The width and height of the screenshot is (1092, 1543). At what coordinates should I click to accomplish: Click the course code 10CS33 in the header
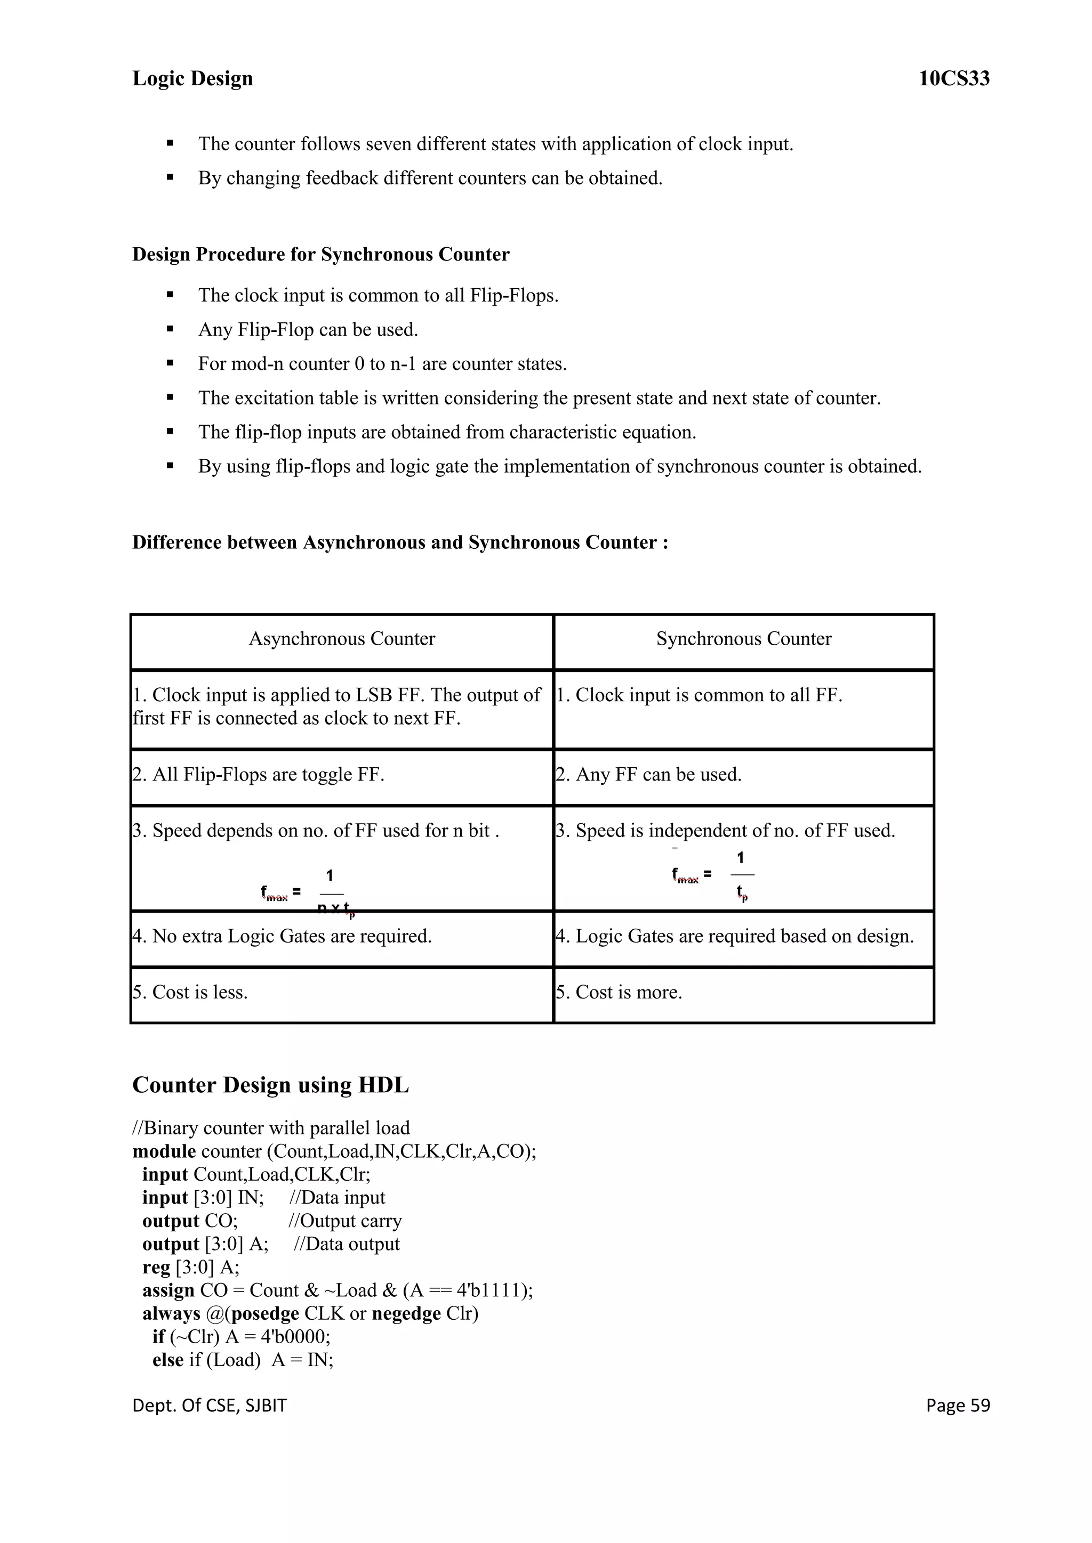click(x=953, y=79)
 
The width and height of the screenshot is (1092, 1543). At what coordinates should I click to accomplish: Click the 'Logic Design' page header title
click(x=192, y=79)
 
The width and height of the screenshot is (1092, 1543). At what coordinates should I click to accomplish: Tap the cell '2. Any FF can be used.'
click(x=649, y=775)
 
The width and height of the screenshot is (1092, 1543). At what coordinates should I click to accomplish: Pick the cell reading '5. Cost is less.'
click(x=190, y=993)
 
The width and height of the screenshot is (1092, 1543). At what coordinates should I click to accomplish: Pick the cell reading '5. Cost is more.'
click(x=619, y=993)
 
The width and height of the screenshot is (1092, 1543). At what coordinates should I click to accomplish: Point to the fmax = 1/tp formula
click(x=713, y=876)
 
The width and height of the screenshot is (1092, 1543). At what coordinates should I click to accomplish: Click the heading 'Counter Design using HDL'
click(x=270, y=1085)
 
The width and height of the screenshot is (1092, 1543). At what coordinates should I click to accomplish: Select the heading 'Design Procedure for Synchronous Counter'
click(x=321, y=255)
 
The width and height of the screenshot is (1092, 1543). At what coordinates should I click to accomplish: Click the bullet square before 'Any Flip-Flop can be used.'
click(x=170, y=329)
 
